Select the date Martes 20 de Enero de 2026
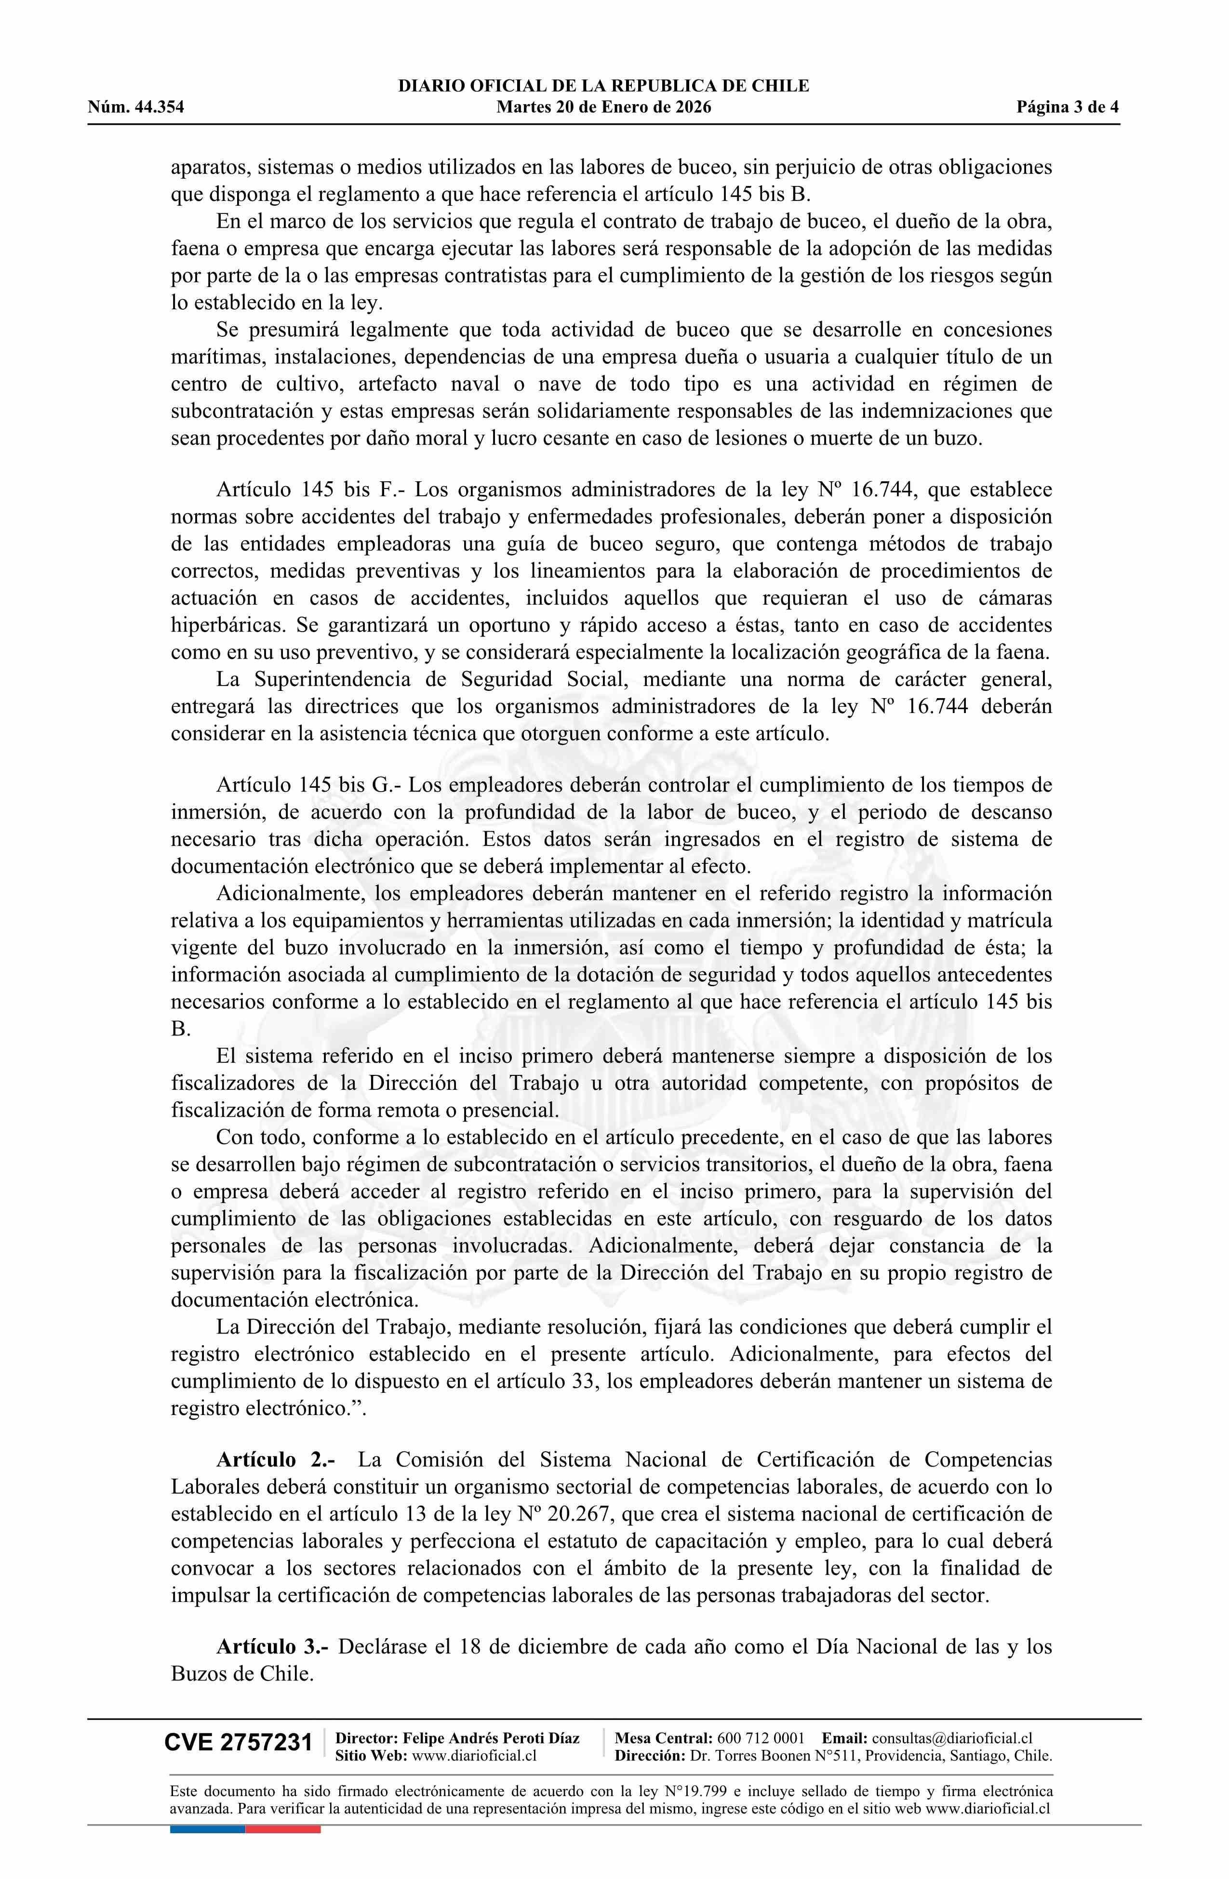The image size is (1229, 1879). point(603,107)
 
